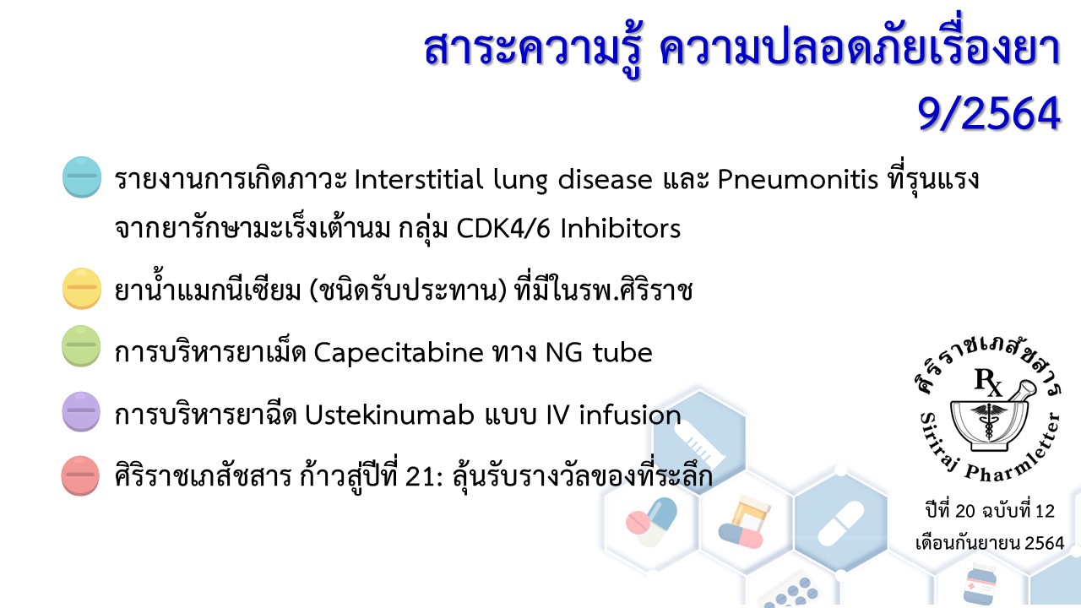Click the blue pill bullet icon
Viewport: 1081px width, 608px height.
click(x=82, y=177)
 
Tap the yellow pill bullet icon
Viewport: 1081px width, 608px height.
click(x=82, y=288)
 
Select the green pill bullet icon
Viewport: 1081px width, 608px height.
click(x=81, y=346)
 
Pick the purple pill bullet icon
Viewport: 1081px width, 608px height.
click(x=81, y=411)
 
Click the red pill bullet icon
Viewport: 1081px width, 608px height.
click(x=80, y=475)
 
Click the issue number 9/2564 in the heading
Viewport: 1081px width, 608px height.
click(x=988, y=114)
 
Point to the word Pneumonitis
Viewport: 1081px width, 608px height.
click(x=797, y=180)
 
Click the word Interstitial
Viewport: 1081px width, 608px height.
click(x=418, y=180)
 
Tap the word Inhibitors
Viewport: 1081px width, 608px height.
click(x=621, y=228)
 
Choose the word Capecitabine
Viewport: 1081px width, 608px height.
click(x=399, y=353)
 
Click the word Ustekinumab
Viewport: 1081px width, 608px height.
click(x=389, y=415)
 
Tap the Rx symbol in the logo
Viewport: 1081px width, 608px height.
click(x=988, y=383)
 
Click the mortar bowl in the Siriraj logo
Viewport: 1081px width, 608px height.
click(x=988, y=425)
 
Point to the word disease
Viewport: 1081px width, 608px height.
click(x=606, y=180)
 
